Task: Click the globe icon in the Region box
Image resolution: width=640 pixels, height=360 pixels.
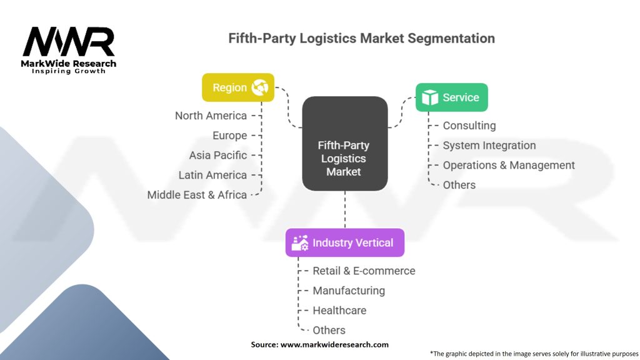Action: click(259, 87)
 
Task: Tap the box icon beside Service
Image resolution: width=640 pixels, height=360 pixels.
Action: click(430, 97)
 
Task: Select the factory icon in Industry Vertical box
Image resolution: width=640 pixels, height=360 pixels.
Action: click(300, 243)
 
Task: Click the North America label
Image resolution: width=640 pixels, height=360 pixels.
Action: click(211, 116)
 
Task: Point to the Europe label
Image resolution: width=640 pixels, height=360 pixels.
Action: click(230, 136)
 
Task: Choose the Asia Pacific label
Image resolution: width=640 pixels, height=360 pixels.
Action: click(218, 155)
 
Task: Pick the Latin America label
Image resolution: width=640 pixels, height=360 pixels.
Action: click(212, 175)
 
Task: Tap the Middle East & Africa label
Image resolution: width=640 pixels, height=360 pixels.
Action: click(197, 195)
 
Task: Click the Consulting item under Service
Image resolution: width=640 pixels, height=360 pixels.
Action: click(469, 126)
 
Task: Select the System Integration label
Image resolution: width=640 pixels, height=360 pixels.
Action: click(489, 145)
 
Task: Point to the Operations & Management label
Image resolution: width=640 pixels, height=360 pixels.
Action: click(509, 165)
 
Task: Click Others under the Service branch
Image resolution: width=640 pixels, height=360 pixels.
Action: click(459, 185)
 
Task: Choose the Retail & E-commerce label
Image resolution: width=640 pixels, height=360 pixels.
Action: click(364, 271)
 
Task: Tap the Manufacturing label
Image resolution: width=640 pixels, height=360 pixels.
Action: click(349, 291)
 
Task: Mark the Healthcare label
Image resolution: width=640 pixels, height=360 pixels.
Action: click(339, 310)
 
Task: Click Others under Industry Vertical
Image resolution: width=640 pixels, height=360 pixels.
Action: click(329, 330)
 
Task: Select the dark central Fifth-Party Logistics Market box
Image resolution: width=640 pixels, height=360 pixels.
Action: click(345, 143)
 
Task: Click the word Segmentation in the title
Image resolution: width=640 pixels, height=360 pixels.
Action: click(451, 38)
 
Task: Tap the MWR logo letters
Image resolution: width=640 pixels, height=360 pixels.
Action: click(69, 42)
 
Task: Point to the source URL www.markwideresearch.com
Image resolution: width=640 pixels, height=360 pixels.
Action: click(334, 344)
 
